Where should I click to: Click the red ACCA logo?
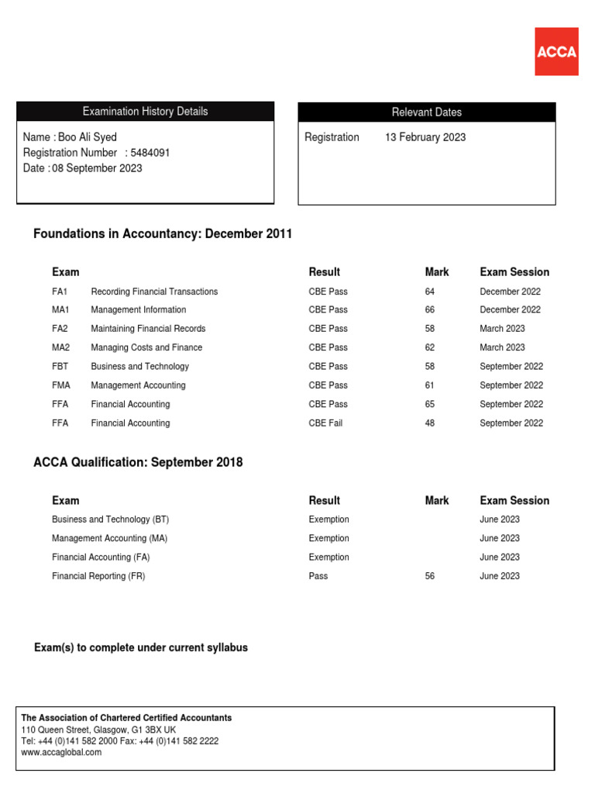556,51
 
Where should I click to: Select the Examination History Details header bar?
145,112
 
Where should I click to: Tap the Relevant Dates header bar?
426,112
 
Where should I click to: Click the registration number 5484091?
150,153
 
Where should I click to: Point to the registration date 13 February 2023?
425,137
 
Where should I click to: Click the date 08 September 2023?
97,168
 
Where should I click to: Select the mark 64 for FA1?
430,292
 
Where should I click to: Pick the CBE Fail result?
325,423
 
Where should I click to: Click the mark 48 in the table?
430,423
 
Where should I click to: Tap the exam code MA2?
60,348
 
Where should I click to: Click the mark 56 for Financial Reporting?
430,576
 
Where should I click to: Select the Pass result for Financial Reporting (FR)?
318,576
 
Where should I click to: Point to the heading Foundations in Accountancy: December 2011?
163,234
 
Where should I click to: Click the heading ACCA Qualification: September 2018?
138,462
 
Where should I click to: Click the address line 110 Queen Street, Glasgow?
98,730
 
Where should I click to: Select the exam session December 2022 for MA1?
510,310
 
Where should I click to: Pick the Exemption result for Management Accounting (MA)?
328,538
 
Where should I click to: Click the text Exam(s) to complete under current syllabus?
141,647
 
